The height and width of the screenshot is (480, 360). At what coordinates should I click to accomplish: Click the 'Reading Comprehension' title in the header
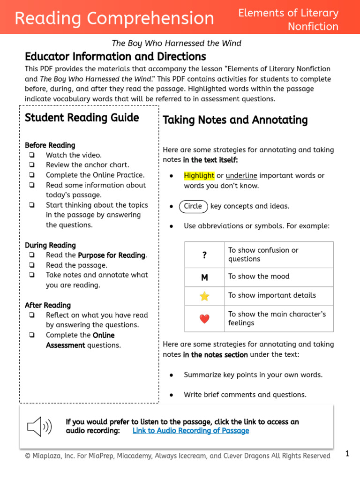(x=114, y=18)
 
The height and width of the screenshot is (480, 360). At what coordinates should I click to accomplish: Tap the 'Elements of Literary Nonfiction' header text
(x=288, y=20)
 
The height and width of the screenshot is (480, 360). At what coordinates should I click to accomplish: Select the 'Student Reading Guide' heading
(x=82, y=118)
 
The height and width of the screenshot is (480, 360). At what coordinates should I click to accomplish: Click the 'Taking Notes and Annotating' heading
(x=235, y=120)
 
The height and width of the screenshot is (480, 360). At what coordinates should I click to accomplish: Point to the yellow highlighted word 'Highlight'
(x=199, y=176)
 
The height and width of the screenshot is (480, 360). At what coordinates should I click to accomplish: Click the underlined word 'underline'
(x=241, y=176)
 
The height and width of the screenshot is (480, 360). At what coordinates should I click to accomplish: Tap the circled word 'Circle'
(x=193, y=206)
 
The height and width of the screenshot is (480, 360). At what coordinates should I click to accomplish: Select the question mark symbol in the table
(x=204, y=255)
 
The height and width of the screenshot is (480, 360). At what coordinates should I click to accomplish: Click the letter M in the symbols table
(x=204, y=277)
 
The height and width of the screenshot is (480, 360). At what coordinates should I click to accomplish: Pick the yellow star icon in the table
(x=204, y=296)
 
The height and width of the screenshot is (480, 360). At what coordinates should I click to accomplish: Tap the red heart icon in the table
(x=204, y=319)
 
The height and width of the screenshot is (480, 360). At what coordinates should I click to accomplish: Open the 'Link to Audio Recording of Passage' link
(x=191, y=431)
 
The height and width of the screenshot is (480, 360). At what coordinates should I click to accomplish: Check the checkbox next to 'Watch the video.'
(x=31, y=155)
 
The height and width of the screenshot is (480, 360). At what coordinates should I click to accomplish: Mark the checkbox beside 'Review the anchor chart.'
(x=31, y=165)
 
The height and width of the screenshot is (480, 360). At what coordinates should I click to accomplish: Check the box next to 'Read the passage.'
(x=31, y=265)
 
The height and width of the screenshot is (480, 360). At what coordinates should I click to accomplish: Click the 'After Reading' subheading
(x=48, y=305)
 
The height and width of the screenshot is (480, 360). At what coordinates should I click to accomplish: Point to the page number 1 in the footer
(x=347, y=454)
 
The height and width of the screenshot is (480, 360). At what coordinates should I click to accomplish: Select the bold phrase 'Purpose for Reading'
(x=112, y=255)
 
